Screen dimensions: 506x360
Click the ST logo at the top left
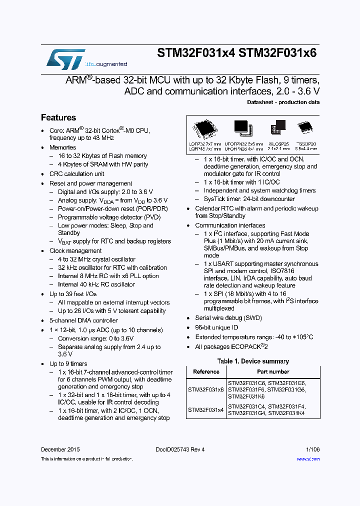coord(65,58)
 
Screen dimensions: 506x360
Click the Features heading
coord(58,118)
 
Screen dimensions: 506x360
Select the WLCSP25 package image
coord(278,128)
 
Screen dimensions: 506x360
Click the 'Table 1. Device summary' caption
coord(253,361)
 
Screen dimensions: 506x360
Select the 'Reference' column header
coord(206,372)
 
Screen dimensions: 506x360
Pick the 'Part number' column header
coord(273,372)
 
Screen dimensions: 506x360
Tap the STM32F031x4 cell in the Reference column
coord(206,410)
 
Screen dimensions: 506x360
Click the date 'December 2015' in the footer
coord(60,449)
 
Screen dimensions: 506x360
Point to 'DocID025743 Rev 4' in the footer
coord(180,449)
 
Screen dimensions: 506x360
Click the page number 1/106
coord(312,449)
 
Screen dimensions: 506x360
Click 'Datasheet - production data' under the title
coord(283,102)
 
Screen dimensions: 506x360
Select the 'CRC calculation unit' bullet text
coord(77,174)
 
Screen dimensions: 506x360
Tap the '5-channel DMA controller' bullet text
coord(83,320)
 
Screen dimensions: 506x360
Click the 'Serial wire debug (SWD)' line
coord(228,318)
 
